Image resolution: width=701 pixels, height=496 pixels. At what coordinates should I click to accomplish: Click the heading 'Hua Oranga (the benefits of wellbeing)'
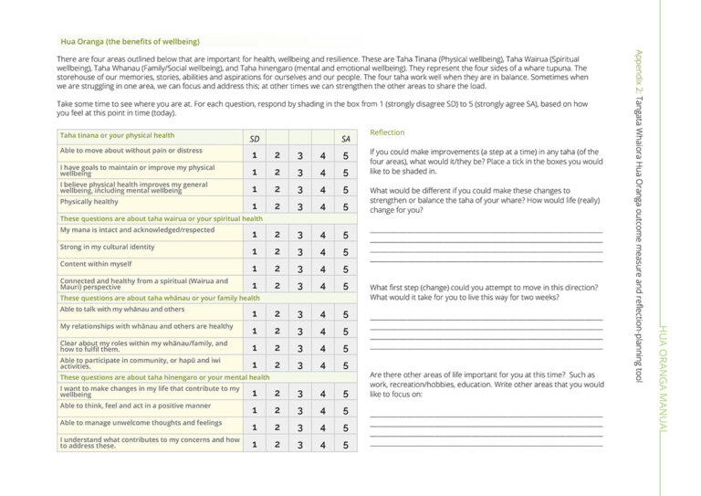[x=130, y=41]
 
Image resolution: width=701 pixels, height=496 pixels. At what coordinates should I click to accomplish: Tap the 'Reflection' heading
[x=387, y=132]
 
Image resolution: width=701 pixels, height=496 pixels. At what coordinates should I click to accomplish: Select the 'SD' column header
[x=255, y=139]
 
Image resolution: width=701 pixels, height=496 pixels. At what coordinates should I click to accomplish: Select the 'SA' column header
[x=346, y=139]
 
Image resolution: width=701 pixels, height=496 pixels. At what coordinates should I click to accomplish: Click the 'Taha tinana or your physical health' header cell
[x=117, y=135]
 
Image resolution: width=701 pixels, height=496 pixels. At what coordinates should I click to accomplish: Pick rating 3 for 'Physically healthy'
[x=299, y=206]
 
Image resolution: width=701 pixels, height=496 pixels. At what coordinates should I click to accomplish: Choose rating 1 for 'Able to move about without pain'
[x=255, y=155]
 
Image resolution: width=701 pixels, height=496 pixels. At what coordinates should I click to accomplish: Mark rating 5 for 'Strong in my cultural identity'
[x=346, y=251]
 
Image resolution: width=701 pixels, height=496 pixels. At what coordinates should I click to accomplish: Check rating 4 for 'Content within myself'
[x=322, y=269]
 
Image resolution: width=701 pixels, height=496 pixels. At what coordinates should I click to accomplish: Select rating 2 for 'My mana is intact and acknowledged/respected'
[x=277, y=235]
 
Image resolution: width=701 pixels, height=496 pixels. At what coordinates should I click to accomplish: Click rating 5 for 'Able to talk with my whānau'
[x=346, y=313]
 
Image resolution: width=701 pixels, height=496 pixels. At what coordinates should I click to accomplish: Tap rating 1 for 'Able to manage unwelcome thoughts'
[x=255, y=427]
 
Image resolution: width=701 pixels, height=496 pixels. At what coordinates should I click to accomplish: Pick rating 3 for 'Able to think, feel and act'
[x=299, y=410]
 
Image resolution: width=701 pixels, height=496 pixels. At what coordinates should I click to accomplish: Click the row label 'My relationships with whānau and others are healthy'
[x=147, y=326]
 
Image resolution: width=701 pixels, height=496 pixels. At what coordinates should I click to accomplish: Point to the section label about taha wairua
[x=162, y=219]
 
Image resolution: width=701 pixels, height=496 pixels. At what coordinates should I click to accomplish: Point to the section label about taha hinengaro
[x=164, y=376]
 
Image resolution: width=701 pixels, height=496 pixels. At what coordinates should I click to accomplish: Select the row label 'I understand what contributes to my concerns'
[x=150, y=442]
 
